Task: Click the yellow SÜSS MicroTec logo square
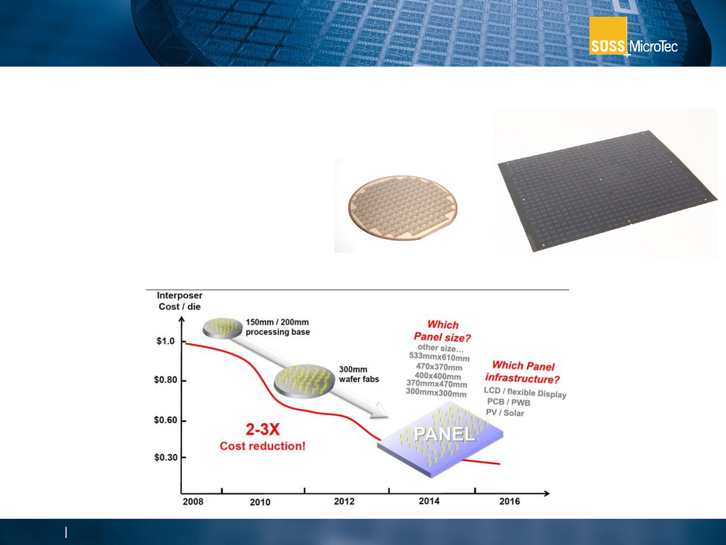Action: (608, 35)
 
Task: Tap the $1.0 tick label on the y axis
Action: (165, 341)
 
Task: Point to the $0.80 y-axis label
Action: (166, 379)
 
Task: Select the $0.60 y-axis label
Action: (166, 420)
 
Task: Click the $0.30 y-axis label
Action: (166, 457)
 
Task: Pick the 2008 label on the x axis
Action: (193, 502)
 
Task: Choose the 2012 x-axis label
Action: (344, 501)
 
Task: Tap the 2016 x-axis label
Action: (509, 501)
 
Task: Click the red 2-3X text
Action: (263, 429)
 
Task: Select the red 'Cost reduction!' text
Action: (263, 446)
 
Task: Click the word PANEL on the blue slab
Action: (444, 434)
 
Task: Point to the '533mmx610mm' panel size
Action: (439, 357)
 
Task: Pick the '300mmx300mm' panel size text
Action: (436, 393)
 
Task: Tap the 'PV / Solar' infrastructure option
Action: (505, 413)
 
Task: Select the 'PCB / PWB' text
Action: (509, 402)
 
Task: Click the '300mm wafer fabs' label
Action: (359, 374)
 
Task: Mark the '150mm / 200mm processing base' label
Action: (277, 327)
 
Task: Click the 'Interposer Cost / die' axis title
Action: (179, 301)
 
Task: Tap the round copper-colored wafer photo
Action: (403, 208)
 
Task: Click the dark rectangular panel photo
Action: (607, 191)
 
